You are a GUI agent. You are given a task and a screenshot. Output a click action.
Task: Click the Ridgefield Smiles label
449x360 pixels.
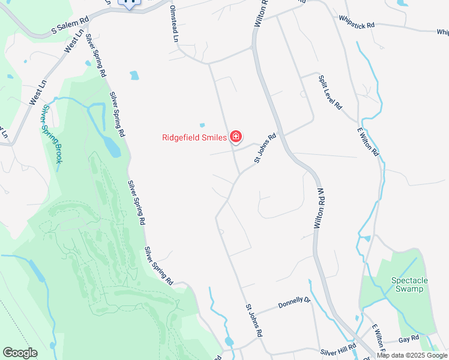tap(194, 137)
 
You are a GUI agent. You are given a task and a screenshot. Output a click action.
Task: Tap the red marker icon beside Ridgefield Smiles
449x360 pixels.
tap(236, 137)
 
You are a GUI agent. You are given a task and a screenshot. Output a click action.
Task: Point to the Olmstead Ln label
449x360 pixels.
tap(175, 23)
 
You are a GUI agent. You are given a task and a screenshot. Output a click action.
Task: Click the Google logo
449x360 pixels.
tap(19, 353)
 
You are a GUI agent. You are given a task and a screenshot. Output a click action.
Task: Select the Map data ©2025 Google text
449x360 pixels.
tap(412, 355)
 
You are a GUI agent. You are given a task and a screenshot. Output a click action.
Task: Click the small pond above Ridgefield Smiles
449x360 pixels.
tap(202, 125)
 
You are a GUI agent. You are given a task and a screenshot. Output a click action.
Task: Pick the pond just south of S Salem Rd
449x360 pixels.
tap(134, 76)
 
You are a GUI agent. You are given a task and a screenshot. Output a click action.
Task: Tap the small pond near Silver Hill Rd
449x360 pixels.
tap(229, 341)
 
